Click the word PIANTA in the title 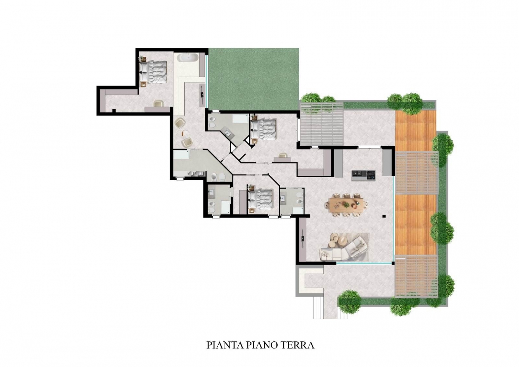point(225,351)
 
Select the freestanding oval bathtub point(188,57)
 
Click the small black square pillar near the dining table point(384,216)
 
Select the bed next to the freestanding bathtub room point(153,72)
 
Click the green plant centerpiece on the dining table point(346,205)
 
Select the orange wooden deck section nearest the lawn point(416,131)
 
